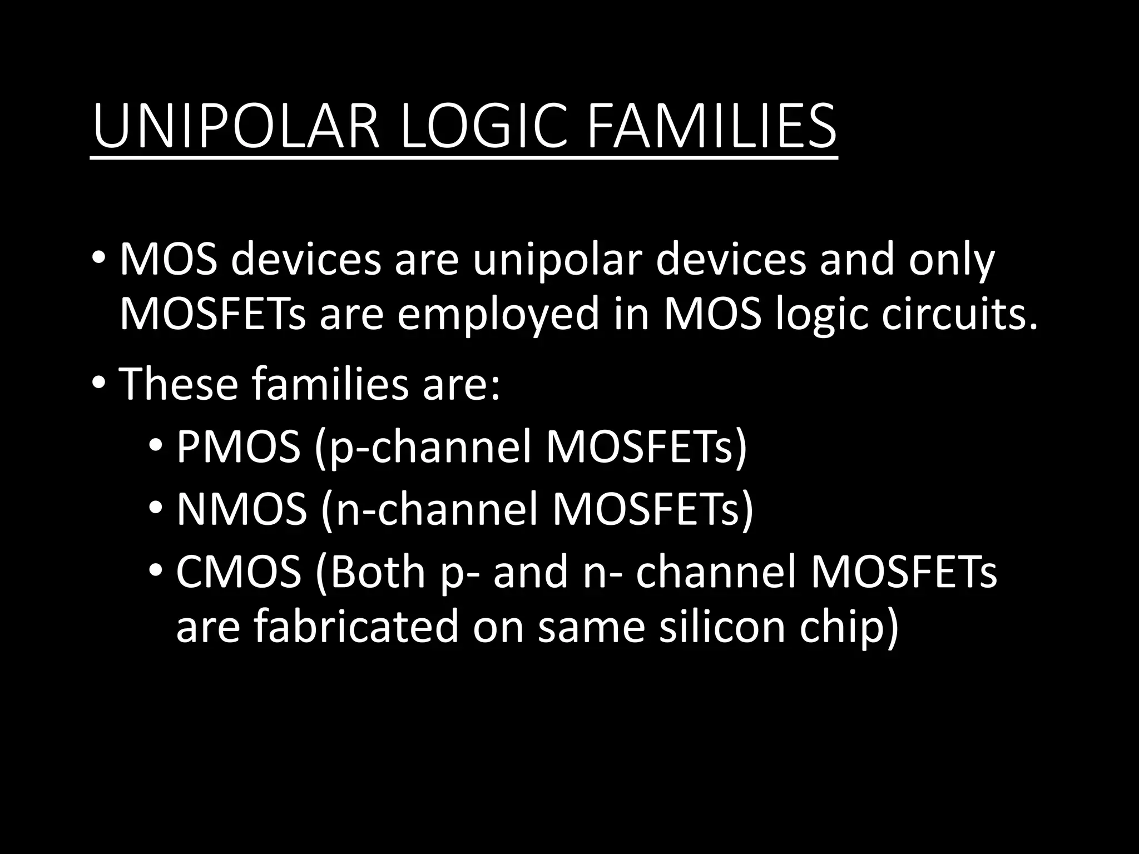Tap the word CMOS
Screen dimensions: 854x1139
click(239, 572)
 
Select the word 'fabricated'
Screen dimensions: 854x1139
click(355, 627)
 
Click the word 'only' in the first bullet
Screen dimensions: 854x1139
click(950, 260)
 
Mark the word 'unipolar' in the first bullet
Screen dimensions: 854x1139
click(557, 260)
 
